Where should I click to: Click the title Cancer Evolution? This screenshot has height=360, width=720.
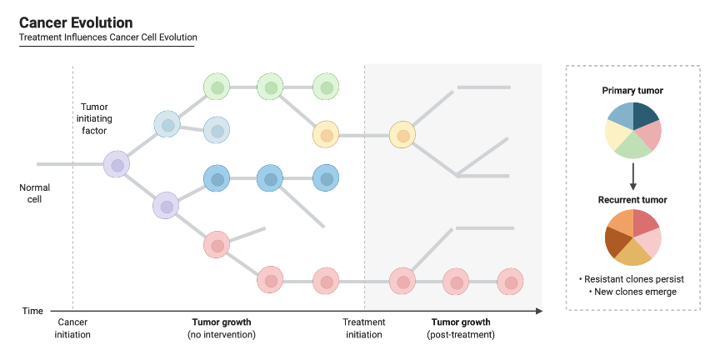point(76,22)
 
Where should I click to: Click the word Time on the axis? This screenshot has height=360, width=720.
point(32,311)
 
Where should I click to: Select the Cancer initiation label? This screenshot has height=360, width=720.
point(72,328)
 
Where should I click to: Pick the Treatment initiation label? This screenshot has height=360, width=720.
point(363,328)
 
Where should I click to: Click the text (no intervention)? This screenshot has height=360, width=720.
point(222,335)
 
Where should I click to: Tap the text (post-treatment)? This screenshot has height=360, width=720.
point(460,335)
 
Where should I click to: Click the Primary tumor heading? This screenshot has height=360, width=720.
point(632,90)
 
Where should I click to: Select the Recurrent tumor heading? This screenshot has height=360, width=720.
point(632,200)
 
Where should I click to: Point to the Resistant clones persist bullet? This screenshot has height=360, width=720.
point(632,279)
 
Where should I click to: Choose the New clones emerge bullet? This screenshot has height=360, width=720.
point(632,292)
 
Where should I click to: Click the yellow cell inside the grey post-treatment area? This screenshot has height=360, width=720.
point(402,135)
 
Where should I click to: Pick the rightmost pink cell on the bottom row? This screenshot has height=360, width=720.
point(510,282)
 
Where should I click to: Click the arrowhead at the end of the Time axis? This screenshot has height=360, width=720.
point(539,311)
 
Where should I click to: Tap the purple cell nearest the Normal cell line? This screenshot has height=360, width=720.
point(117,164)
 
